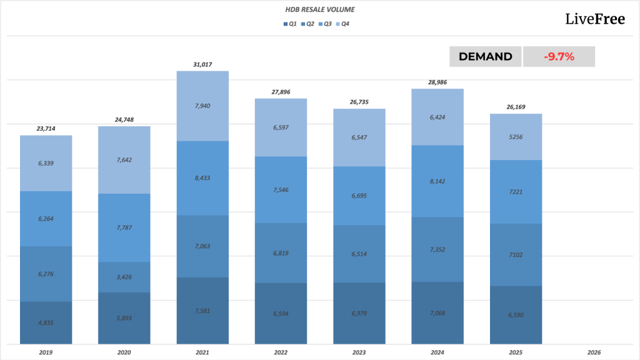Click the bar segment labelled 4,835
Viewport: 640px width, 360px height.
(x=46, y=322)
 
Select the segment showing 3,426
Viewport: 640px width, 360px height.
(x=124, y=277)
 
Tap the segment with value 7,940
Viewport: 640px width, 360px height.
(x=202, y=106)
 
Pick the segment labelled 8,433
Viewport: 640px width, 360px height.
(x=202, y=177)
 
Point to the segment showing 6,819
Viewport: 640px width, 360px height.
(x=281, y=252)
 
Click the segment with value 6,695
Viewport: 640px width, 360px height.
(x=359, y=196)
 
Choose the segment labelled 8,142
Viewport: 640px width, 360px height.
(x=437, y=181)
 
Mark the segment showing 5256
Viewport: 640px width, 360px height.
(x=516, y=137)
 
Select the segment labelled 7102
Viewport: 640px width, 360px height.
(x=516, y=254)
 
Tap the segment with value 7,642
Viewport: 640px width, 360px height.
(x=124, y=159)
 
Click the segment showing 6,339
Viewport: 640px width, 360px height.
(x=46, y=163)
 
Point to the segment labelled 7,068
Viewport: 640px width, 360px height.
(x=437, y=312)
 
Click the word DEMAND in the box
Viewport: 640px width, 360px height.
(x=486, y=57)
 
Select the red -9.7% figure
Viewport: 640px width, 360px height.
(x=559, y=57)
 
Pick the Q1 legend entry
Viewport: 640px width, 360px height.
(x=289, y=24)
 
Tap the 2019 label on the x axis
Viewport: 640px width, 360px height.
(x=46, y=352)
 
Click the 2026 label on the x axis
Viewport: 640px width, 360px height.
(x=594, y=352)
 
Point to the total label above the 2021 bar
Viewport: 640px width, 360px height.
(x=202, y=64)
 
